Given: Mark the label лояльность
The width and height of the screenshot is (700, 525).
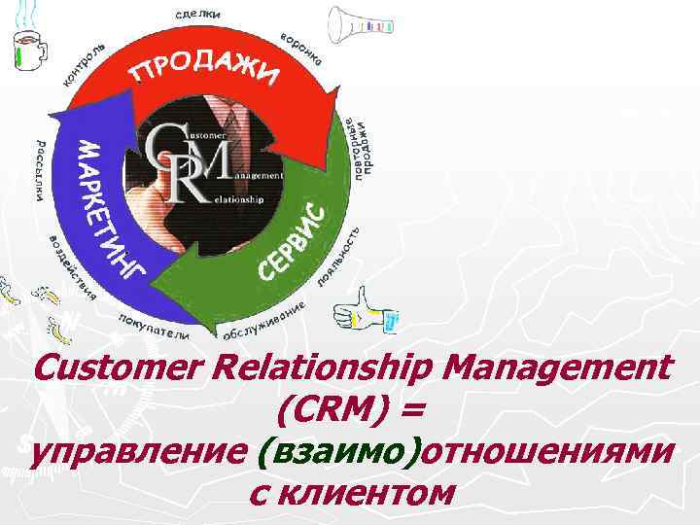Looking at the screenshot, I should (x=340, y=258).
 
